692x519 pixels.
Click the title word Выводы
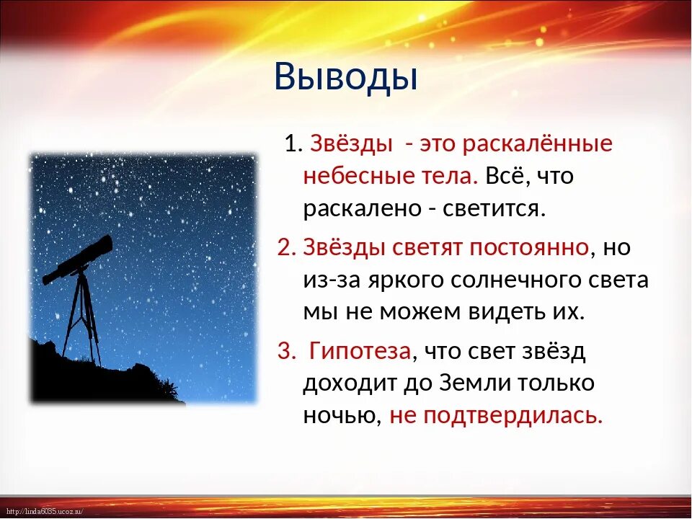[345, 77]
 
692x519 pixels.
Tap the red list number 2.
[285, 247]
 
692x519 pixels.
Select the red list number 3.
[285, 351]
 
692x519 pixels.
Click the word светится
[491, 209]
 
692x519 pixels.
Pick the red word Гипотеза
[360, 351]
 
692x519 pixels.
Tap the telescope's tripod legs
[81, 318]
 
